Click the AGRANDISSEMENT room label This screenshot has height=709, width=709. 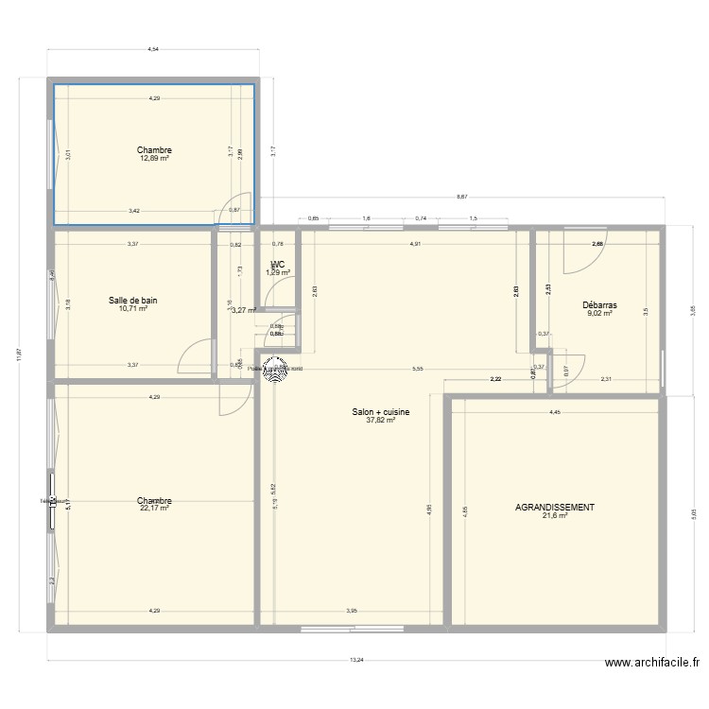555,508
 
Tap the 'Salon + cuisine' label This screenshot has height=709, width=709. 380,412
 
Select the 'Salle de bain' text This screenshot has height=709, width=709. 133,301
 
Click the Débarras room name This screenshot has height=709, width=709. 599,305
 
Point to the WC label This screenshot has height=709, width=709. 277,265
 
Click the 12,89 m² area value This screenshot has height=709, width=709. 154,159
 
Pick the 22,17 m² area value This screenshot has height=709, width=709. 153,509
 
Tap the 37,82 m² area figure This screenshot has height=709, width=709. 380,421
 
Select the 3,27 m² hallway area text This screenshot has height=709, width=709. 244,309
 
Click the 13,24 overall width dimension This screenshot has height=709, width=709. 355,661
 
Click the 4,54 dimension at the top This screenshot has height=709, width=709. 153,49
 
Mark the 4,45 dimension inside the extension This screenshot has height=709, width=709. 555,411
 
